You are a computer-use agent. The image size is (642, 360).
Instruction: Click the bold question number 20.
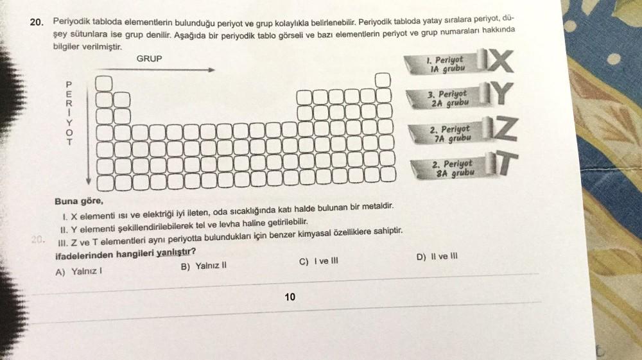37,22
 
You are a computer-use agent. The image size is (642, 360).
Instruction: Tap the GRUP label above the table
149,58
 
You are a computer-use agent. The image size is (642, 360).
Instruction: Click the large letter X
501,63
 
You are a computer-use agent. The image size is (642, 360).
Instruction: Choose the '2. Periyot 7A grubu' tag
450,133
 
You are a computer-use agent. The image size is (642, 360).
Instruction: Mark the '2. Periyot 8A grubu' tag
453,168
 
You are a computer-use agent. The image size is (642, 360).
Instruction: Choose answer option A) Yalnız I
79,271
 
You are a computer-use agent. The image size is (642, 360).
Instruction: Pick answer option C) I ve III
318,261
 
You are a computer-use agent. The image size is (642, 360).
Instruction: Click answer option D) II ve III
437,257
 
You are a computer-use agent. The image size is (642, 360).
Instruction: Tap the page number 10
290,296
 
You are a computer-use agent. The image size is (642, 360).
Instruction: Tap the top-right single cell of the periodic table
383,80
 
